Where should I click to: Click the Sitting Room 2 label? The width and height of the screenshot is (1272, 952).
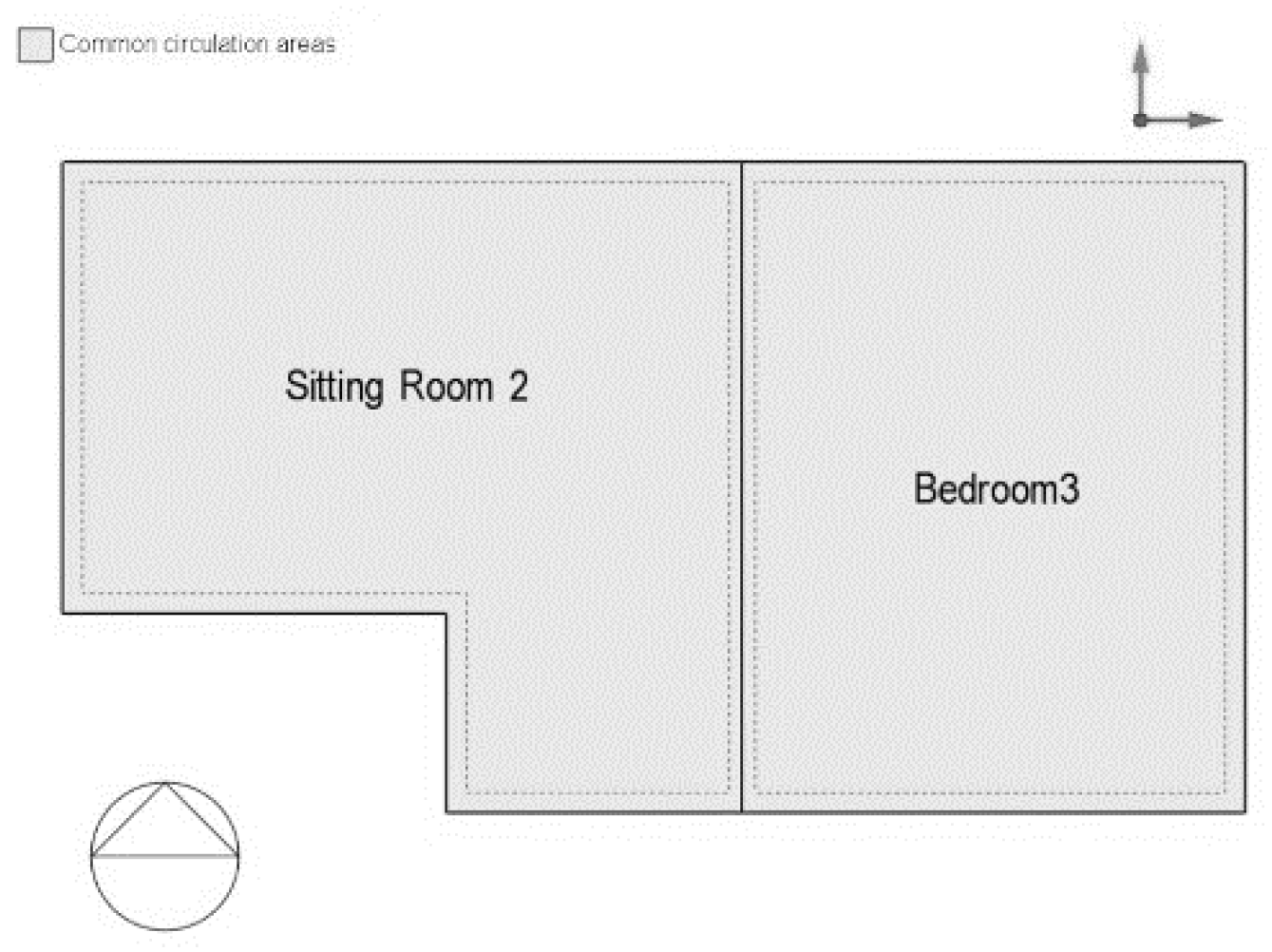(407, 387)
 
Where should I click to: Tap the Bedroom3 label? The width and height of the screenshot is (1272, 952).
(997, 488)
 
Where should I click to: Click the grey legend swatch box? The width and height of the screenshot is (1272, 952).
(35, 45)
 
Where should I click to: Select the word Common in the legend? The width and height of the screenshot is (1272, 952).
(107, 44)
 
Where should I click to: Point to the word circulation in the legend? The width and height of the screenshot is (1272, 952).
(216, 44)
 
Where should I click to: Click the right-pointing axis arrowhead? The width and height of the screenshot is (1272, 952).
(1206, 120)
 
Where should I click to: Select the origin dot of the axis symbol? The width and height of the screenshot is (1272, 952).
(1140, 120)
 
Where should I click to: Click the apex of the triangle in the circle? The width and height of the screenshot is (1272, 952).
(164, 784)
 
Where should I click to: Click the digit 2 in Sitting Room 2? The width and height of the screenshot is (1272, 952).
(519, 386)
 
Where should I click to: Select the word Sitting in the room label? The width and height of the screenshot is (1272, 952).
(334, 388)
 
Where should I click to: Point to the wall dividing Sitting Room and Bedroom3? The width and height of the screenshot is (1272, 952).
(741, 486)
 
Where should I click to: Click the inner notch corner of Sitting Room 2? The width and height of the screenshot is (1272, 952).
(446, 613)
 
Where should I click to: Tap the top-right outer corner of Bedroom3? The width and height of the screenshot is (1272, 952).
(1244, 162)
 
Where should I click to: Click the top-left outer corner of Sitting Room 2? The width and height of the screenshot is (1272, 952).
(63, 162)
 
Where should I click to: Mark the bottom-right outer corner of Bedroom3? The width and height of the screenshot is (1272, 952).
(1244, 811)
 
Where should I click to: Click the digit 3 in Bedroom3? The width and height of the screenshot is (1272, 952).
(1070, 488)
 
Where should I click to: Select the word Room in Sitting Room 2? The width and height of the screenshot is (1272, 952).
(446, 386)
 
